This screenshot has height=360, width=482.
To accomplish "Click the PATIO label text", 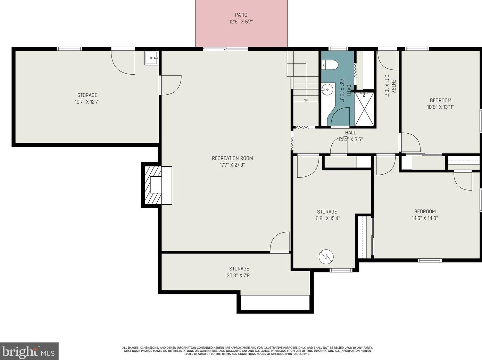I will (241, 15).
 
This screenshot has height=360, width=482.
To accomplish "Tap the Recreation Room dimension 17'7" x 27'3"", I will (232, 165).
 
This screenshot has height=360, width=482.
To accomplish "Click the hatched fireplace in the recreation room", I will (153, 185).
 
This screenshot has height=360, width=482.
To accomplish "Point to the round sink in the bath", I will (327, 89).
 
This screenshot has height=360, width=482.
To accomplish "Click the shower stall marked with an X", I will (364, 108).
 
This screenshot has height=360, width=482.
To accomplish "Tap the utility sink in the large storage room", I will (151, 58).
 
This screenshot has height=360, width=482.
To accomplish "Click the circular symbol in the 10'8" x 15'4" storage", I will (326, 257).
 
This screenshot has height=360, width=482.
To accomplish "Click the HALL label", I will (350, 133).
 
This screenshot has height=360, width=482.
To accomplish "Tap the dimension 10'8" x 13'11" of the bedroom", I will (440, 107).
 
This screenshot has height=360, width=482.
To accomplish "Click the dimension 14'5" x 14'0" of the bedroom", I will (425, 218).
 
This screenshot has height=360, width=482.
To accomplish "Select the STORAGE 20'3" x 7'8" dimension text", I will (239, 276).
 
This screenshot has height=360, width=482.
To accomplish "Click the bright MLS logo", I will (29, 351).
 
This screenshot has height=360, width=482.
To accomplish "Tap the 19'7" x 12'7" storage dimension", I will (87, 102).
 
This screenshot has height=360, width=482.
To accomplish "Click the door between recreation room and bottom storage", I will (280, 242).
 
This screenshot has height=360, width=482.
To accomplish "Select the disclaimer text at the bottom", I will (247, 351).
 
